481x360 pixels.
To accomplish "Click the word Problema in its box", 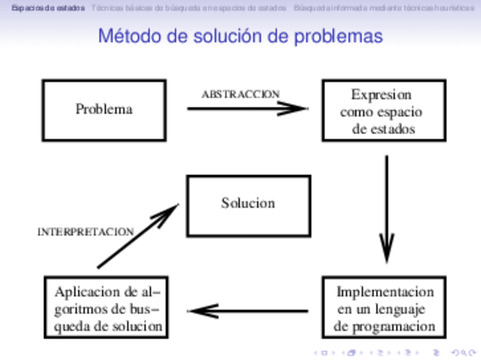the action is pyautogui.click(x=104, y=109).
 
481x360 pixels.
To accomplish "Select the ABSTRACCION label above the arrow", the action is pyautogui.click(x=241, y=94).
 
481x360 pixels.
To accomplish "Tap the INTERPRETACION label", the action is pyautogui.click(x=86, y=232).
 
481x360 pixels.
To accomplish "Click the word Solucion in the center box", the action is pyautogui.click(x=248, y=203).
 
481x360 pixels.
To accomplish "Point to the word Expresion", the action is pyautogui.click(x=381, y=94).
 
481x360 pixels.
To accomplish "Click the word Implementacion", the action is pyautogui.click(x=385, y=292).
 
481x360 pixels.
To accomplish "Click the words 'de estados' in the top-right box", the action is pyautogui.click(x=383, y=129).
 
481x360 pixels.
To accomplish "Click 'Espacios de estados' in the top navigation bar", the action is pyautogui.click(x=48, y=8).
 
